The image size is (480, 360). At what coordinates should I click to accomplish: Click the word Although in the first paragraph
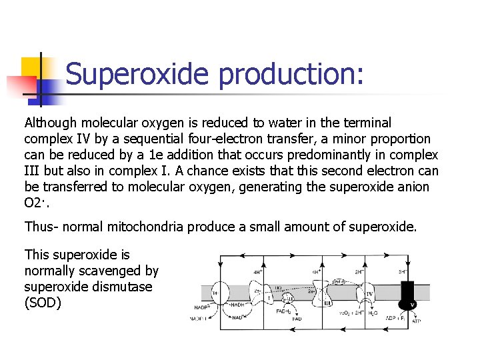coord(50,123)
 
